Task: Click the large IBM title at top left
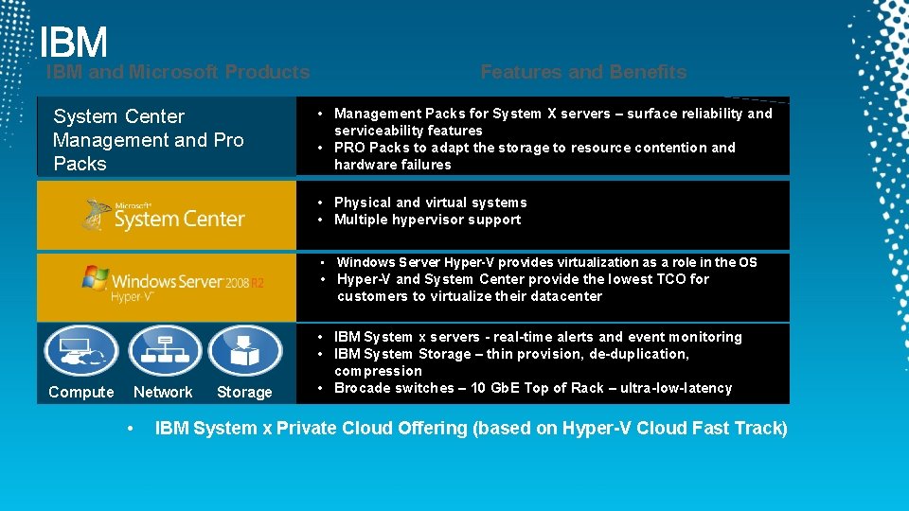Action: point(74,43)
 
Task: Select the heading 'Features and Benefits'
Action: point(583,72)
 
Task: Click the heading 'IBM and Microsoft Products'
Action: point(178,72)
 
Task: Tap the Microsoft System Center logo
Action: point(165,216)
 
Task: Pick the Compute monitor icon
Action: point(80,350)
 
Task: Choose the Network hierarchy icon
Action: point(164,350)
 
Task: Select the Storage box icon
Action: point(245,350)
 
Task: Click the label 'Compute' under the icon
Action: point(80,392)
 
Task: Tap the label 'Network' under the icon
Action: point(163,392)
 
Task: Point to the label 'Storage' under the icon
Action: point(244,392)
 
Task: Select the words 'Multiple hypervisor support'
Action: point(428,220)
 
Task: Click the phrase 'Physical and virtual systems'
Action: point(431,203)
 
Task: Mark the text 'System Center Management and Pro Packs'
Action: point(149,140)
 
